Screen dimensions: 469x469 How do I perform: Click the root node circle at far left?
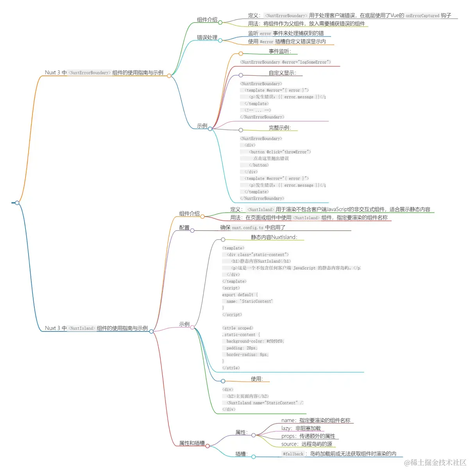[x=17, y=202]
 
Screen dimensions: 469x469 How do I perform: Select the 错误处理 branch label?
[x=207, y=38]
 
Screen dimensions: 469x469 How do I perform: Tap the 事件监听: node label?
[x=280, y=51]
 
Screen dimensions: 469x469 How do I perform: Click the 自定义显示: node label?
[x=282, y=73]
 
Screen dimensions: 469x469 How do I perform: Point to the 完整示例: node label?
[x=280, y=128]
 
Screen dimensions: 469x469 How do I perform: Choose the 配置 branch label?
[x=184, y=227]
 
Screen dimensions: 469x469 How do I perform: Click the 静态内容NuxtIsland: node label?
[x=274, y=237]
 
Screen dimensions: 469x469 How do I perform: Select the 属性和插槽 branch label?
[x=192, y=443]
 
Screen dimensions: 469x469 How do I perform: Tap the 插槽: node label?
[x=242, y=454]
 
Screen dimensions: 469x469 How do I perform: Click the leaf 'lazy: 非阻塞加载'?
[x=301, y=428]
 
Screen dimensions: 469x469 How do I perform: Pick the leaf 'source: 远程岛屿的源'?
[x=307, y=444]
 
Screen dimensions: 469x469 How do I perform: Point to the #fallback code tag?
[x=293, y=454]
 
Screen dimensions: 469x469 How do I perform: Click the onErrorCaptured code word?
[x=422, y=16]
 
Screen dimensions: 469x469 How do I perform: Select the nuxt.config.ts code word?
[x=248, y=228]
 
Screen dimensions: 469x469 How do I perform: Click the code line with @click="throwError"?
[x=280, y=152]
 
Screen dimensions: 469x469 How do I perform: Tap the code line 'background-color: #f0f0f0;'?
[x=255, y=341]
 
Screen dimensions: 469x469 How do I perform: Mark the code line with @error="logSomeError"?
[x=285, y=62]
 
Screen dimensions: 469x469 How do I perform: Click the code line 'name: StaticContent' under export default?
[x=249, y=301]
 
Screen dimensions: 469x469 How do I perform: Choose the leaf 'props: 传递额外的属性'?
[x=308, y=436]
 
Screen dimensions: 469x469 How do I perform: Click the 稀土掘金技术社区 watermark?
[x=435, y=462]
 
